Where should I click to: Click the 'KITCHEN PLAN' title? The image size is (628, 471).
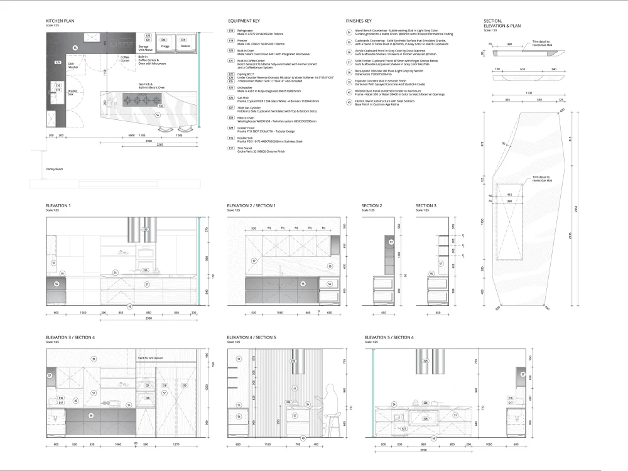pos(60,21)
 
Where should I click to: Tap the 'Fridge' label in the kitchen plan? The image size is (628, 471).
pos(165,46)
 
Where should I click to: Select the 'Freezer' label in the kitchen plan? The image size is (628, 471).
pos(185,46)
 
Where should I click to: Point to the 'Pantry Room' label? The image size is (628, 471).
pos(55,169)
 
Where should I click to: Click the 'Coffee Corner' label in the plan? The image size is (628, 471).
pos(125,58)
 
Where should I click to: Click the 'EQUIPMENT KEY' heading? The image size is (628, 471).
pos(243,21)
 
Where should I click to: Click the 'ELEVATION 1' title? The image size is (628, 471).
pos(58,205)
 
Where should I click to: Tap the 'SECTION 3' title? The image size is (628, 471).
pos(426,205)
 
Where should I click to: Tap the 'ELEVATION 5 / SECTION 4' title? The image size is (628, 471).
pos(390,338)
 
